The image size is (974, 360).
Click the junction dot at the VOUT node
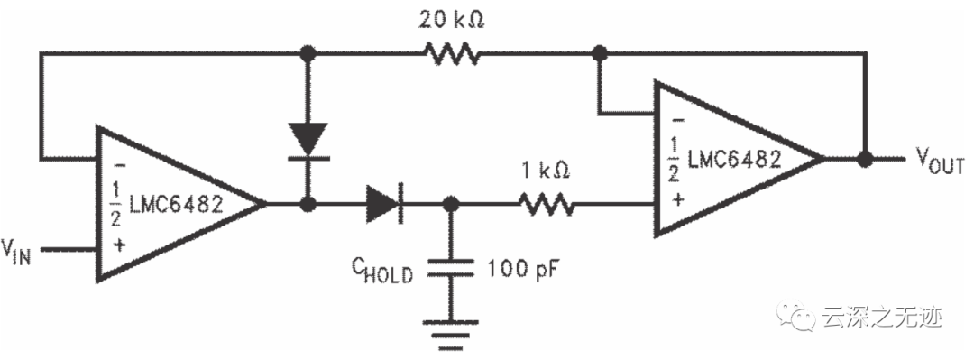pyautogui.click(x=865, y=160)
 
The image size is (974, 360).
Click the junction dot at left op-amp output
pyautogui.click(x=308, y=205)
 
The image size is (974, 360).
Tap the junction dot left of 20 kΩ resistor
pyautogui.click(x=308, y=54)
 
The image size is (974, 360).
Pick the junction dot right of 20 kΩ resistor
pyautogui.click(x=596, y=54)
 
